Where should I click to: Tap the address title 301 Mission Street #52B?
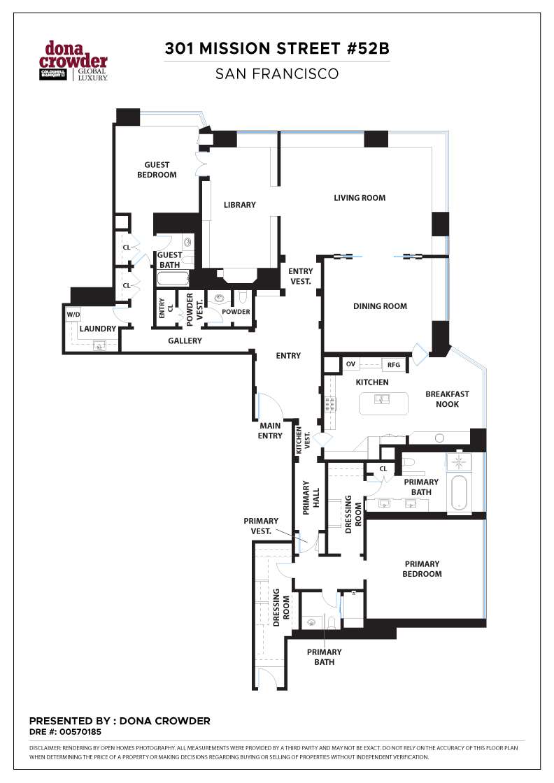coord(277,49)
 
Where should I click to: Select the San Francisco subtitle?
coord(277,73)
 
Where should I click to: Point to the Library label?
coord(239,205)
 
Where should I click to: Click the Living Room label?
coord(360,198)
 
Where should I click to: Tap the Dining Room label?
coord(380,306)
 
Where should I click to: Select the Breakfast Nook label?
coord(447,398)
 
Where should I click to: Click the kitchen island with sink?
coord(383,403)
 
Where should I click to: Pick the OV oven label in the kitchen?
coord(350,364)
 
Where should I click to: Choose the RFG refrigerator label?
coord(393,364)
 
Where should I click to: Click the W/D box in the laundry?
coord(73,315)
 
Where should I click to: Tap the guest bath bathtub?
coord(172,280)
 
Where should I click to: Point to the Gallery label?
coord(185,341)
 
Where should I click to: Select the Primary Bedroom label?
coord(422,569)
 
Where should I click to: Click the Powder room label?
coord(236,312)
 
